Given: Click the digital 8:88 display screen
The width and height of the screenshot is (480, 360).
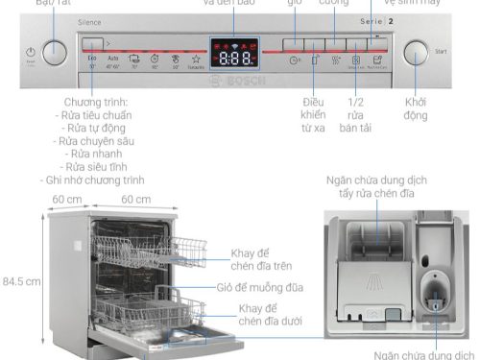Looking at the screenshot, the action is [x=235, y=56].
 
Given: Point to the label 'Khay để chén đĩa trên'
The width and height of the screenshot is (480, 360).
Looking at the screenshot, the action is [x=261, y=259].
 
